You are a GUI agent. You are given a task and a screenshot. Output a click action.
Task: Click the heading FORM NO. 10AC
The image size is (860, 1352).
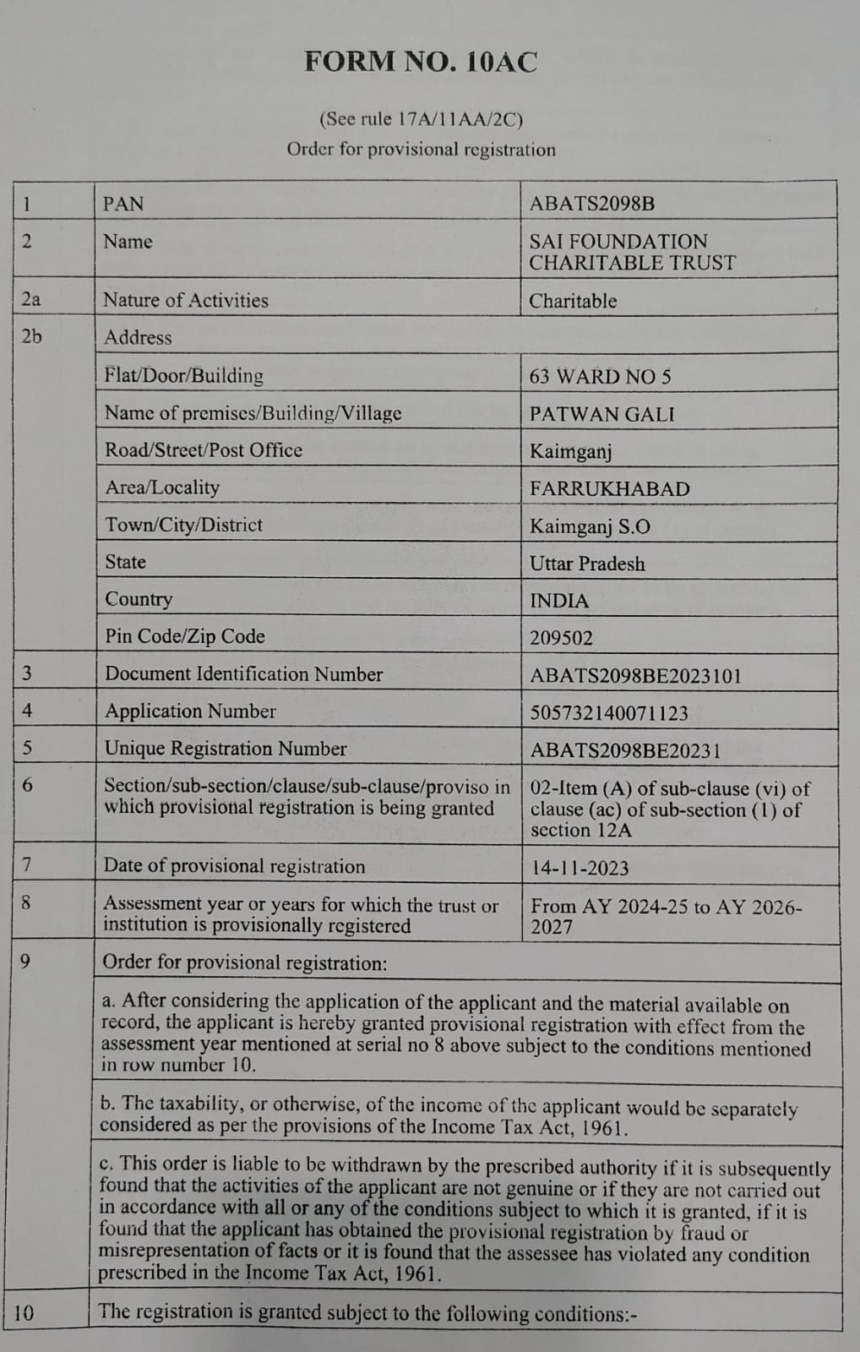point(421,63)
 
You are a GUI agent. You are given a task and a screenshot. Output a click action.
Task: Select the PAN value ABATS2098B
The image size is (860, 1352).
point(591,204)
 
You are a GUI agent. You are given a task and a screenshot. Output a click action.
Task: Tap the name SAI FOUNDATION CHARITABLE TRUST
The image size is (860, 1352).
point(632,252)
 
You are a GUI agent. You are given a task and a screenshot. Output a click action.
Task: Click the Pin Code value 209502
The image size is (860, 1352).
point(561,638)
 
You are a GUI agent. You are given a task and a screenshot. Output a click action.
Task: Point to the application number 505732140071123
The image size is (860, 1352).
point(608,712)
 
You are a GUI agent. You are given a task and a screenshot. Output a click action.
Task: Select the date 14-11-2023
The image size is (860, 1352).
point(580,868)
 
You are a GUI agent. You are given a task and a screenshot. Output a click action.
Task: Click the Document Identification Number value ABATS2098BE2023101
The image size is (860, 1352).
point(635,675)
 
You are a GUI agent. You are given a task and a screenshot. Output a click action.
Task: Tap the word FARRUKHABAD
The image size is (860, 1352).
point(609,488)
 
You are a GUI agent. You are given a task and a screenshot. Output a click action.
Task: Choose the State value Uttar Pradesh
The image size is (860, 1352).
point(586,564)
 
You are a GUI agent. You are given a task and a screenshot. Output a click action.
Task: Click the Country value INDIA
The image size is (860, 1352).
point(558,601)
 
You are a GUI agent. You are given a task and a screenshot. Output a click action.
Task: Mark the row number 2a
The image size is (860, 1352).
point(30,299)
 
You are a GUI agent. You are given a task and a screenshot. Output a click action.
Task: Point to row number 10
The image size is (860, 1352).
point(24,1313)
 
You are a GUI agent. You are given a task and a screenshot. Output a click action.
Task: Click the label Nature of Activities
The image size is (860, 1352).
point(185,300)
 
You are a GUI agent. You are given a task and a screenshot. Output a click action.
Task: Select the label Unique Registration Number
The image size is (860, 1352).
point(225,749)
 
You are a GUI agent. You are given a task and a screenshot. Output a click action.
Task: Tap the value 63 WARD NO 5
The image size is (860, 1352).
point(600,377)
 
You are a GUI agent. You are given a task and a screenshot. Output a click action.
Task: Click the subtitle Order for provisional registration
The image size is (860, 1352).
point(421,150)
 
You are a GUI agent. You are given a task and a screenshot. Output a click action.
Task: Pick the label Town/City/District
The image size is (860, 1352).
point(183,525)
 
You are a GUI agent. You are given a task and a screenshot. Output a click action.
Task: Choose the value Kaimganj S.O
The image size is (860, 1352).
point(590,526)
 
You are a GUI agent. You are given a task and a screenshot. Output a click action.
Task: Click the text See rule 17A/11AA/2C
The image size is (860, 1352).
point(421,119)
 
